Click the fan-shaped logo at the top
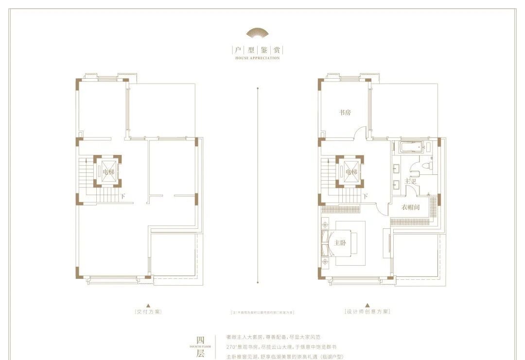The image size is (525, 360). pyautogui.click(x=257, y=33)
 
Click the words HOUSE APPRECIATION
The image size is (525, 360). pyautogui.click(x=257, y=58)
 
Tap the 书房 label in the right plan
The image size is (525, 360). pyautogui.click(x=345, y=112)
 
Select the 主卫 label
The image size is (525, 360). pyautogui.click(x=411, y=181)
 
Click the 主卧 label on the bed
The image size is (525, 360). pyautogui.click(x=340, y=243)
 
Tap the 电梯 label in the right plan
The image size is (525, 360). pyautogui.click(x=351, y=171)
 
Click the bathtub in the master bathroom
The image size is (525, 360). pyautogui.click(x=411, y=147)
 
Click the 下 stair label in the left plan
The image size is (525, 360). pyautogui.click(x=123, y=196)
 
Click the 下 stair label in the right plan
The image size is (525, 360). pyautogui.click(x=365, y=196)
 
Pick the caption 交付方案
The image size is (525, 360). pyautogui.click(x=148, y=311)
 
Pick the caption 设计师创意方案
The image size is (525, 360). pyautogui.click(x=367, y=311)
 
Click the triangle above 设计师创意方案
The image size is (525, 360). pyautogui.click(x=367, y=305)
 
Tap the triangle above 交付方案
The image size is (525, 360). pyautogui.click(x=148, y=305)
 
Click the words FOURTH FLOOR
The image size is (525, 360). pyautogui.click(x=199, y=346)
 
